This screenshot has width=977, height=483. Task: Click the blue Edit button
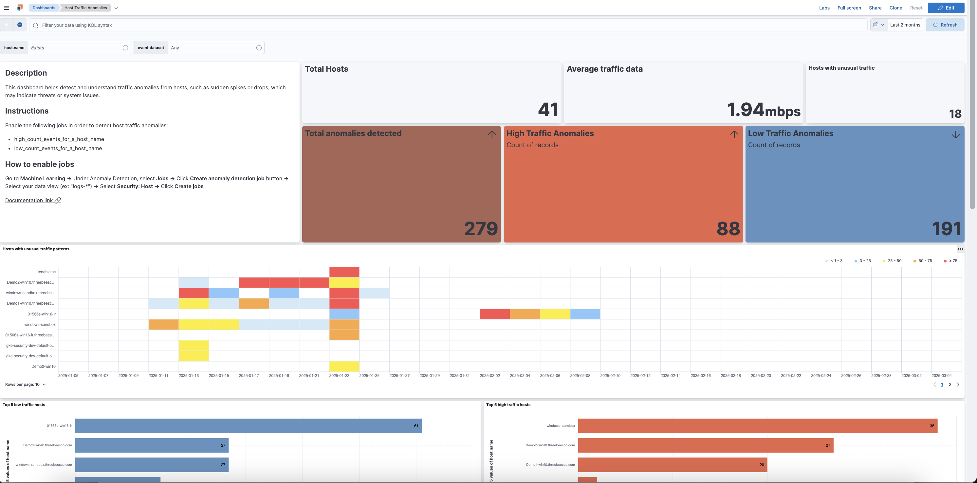(x=946, y=8)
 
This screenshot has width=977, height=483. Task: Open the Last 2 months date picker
(x=905, y=25)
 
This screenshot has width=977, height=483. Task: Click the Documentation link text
(x=29, y=200)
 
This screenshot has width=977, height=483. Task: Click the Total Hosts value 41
(x=548, y=110)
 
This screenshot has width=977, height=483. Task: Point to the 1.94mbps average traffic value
(x=763, y=110)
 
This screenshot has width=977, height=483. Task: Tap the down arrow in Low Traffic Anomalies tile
(x=955, y=134)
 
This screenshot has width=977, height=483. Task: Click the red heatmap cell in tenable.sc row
(x=344, y=272)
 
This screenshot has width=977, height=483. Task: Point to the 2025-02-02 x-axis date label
(x=489, y=375)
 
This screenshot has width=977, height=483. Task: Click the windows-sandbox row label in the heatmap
(x=40, y=325)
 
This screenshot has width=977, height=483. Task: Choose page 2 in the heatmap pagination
(x=950, y=385)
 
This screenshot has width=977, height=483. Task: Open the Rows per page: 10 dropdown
(x=26, y=385)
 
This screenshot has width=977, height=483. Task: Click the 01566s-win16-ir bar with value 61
(x=248, y=426)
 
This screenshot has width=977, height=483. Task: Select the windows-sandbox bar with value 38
(x=757, y=426)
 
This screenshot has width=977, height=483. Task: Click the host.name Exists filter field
(x=76, y=48)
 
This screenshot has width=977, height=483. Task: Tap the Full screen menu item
(x=849, y=8)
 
